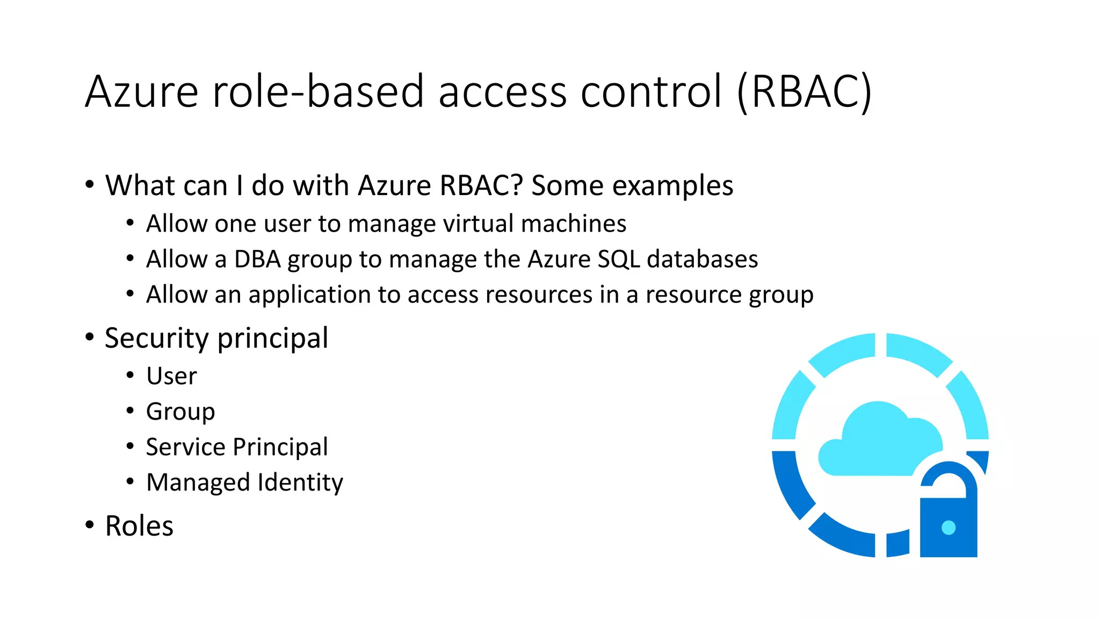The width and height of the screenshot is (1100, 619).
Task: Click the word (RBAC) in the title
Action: coord(804,92)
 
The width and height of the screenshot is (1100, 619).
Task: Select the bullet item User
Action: coord(171,376)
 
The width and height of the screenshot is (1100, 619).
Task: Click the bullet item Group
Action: coord(180,412)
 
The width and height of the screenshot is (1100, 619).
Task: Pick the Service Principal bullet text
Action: coord(236,447)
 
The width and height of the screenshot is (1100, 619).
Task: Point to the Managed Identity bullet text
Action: coord(244,483)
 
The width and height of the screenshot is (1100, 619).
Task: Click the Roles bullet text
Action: coord(139,526)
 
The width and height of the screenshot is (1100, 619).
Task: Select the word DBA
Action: coord(257,260)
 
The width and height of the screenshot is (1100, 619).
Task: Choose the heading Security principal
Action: coord(216,339)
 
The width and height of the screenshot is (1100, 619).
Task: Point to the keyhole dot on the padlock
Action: coord(949,528)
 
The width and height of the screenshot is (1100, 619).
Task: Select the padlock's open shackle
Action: coord(949,476)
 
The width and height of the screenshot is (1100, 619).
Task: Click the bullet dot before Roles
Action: coord(89,525)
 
